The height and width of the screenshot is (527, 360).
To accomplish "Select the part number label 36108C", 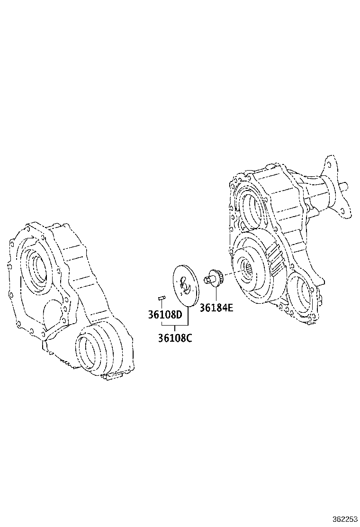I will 175,338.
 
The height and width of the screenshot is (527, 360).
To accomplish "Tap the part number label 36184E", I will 216,308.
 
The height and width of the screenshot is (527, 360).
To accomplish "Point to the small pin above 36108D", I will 161,298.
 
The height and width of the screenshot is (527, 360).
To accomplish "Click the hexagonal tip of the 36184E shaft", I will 207,280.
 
